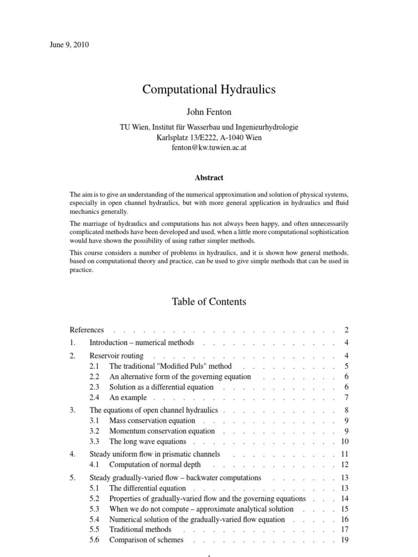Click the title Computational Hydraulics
click(209, 90)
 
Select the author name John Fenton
click(209, 113)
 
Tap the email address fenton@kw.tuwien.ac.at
click(209, 147)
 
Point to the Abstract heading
click(209, 177)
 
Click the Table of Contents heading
click(209, 301)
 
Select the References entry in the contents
click(87, 330)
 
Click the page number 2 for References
click(346, 330)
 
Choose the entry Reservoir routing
click(116, 355)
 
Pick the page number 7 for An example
click(346, 398)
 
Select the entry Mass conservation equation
click(152, 420)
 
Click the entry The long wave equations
click(147, 442)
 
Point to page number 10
click(345, 442)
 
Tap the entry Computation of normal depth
click(155, 465)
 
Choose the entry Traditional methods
click(140, 529)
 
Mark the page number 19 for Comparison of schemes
click(345, 540)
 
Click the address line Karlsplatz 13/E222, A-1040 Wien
click(209, 137)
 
